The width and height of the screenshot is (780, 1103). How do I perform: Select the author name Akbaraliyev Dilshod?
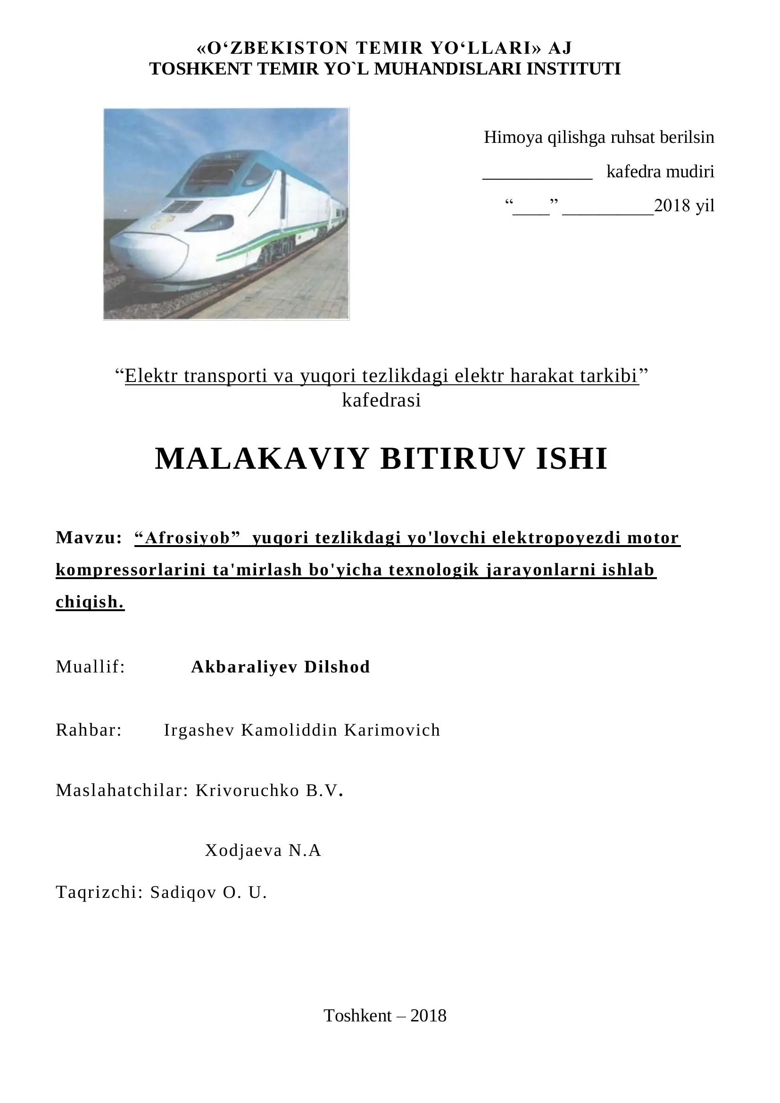pyautogui.click(x=281, y=667)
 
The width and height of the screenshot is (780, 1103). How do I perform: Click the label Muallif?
pyautogui.click(x=90, y=667)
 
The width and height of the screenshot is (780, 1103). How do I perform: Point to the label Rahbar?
pyautogui.click(x=89, y=730)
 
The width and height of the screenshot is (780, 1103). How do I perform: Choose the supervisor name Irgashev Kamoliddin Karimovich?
pyautogui.click(x=302, y=730)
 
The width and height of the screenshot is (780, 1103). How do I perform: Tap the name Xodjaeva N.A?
pyautogui.click(x=263, y=850)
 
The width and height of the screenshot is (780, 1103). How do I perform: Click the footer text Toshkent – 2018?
pyautogui.click(x=385, y=1016)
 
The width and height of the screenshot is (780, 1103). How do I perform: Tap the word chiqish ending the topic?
pyautogui.click(x=89, y=601)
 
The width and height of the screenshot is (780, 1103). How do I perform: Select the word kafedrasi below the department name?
pyautogui.click(x=382, y=400)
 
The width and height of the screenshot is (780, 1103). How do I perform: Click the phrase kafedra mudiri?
pyautogui.click(x=660, y=172)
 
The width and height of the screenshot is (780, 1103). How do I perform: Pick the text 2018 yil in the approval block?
pyautogui.click(x=684, y=206)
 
